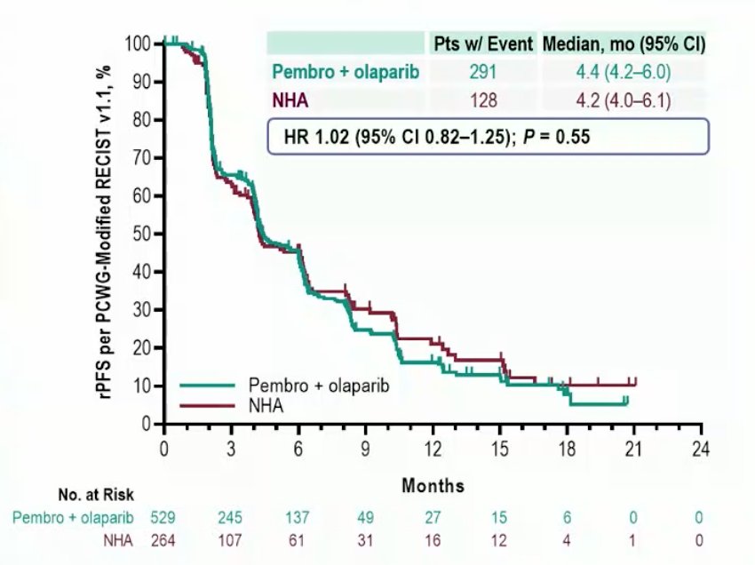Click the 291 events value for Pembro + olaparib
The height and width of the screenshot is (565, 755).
[x=483, y=72]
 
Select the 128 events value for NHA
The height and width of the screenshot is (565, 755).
[x=483, y=100]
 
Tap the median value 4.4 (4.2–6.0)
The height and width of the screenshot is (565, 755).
[x=624, y=72]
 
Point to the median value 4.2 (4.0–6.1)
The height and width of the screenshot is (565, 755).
[x=624, y=100]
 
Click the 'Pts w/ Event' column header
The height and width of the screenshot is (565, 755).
[x=483, y=44]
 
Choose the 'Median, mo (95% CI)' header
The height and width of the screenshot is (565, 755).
[x=624, y=44]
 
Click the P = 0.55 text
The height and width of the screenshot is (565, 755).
[x=556, y=137]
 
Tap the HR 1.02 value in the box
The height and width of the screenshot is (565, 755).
[x=316, y=137]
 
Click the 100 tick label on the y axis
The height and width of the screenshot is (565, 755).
[x=138, y=44]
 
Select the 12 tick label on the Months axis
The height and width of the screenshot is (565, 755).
[x=433, y=449]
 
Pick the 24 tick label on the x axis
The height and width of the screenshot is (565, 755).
[x=701, y=449]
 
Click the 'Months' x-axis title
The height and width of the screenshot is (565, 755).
[x=433, y=485]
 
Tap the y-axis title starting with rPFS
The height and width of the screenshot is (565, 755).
[x=105, y=233]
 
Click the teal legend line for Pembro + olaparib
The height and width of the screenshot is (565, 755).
[x=207, y=386]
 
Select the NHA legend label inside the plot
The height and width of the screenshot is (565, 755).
[x=266, y=406]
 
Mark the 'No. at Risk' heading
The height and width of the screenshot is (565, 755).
[x=96, y=495]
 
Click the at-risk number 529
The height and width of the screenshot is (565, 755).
[x=163, y=517]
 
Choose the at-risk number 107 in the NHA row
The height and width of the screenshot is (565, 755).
[x=230, y=540]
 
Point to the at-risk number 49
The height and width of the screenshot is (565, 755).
[x=365, y=517]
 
